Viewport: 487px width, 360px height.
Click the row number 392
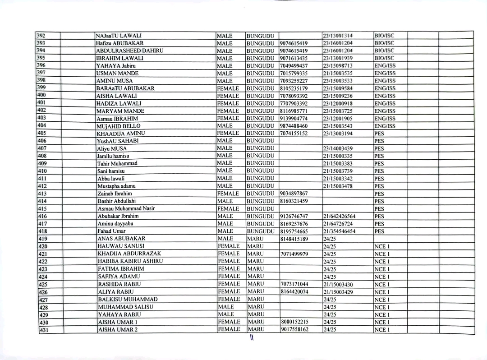coord(41,36)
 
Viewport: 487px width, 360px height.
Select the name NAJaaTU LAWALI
coord(119,36)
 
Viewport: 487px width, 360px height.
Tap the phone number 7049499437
coord(294,66)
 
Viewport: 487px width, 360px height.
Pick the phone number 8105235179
coord(294,88)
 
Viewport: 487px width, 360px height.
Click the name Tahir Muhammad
coord(117,163)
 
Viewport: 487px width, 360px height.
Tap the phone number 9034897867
coord(294,194)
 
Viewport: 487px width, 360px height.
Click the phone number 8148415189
coord(294,239)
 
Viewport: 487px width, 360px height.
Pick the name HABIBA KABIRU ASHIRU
coord(130,262)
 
